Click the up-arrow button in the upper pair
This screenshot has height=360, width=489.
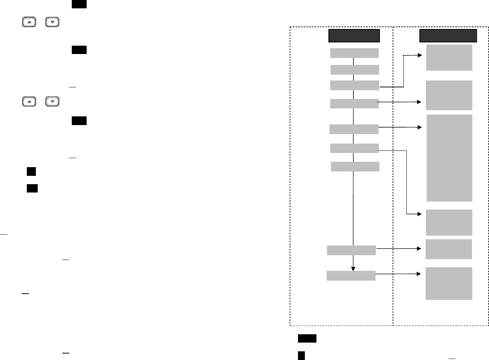tap(29, 22)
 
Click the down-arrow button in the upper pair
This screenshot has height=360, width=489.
tap(53, 22)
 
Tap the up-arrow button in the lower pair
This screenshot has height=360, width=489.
tap(29, 102)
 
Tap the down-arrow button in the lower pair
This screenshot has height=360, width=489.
tap(53, 102)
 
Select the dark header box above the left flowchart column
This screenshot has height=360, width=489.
tap(354, 36)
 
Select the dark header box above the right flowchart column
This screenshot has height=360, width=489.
tap(448, 36)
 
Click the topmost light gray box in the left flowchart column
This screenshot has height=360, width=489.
tap(354, 53)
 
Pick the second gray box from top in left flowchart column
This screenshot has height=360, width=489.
tap(355, 70)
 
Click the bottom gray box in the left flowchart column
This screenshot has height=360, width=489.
tap(351, 276)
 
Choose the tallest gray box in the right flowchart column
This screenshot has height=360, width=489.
tap(449, 158)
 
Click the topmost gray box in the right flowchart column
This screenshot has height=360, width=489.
tap(449, 58)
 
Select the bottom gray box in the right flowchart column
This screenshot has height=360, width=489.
tap(449, 284)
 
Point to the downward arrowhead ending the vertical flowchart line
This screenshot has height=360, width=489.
tap(353, 269)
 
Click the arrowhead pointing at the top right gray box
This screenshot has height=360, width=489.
tap(420, 55)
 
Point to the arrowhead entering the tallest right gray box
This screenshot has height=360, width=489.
tap(420, 127)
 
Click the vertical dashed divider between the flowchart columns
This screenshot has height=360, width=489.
tap(393, 181)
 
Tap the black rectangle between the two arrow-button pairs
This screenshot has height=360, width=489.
tap(79, 50)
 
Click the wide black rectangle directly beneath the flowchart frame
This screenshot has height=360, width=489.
tap(307, 339)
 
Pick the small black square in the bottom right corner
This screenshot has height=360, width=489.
tap(301, 355)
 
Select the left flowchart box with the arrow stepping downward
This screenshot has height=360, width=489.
tap(354, 148)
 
